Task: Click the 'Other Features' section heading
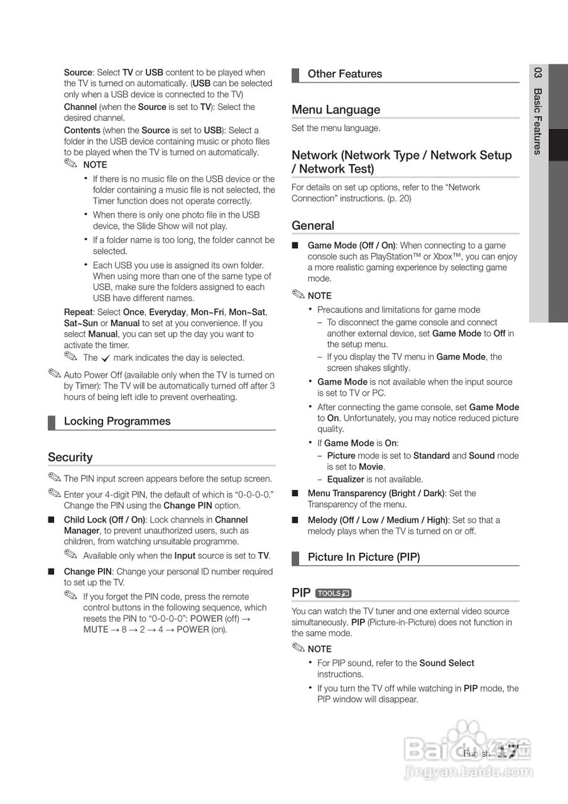[344, 74]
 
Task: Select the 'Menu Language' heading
[336, 110]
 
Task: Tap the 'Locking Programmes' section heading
[117, 421]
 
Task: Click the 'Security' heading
[70, 457]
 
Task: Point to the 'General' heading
[313, 225]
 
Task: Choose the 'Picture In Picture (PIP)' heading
[363, 557]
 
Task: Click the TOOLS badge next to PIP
[333, 593]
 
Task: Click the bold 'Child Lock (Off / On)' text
[104, 520]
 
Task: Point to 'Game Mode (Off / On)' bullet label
[352, 246]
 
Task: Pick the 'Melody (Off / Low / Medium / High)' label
[378, 520]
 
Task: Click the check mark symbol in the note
[106, 358]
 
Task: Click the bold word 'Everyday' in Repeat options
[167, 312]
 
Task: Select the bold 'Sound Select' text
[447, 663]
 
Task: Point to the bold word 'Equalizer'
[346, 479]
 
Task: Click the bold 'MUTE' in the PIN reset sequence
[96, 629]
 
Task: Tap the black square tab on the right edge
[558, 144]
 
